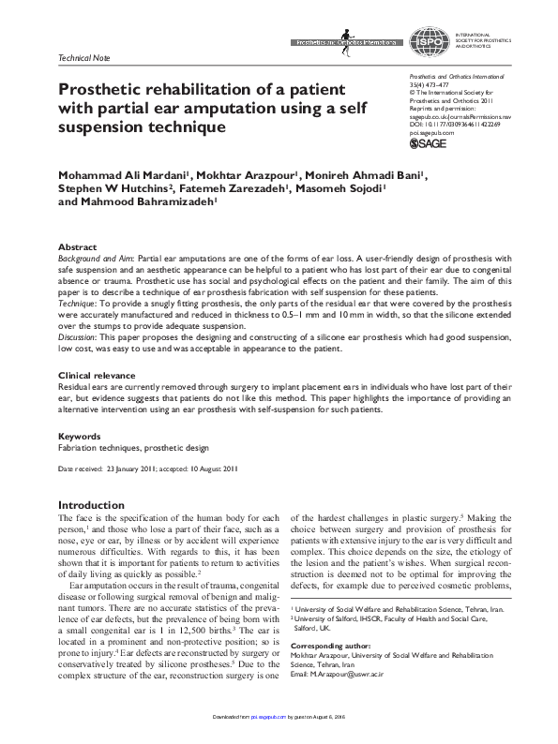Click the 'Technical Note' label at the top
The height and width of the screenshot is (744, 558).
[78, 56]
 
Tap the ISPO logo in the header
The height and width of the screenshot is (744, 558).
[426, 38]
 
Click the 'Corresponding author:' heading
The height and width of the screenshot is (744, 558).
[333, 647]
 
